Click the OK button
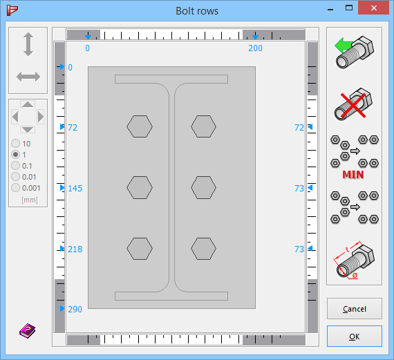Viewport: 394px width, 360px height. (x=354, y=337)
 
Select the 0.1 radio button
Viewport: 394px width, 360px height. (x=15, y=166)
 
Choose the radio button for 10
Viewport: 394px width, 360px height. (x=15, y=144)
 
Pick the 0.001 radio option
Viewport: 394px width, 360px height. (x=15, y=188)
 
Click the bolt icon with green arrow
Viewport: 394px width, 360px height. (x=354, y=53)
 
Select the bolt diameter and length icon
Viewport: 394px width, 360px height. (x=354, y=260)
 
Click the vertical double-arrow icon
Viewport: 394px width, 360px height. (x=28, y=44)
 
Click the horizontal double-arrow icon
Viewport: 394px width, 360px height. (x=28, y=77)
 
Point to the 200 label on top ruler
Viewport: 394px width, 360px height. (x=255, y=48)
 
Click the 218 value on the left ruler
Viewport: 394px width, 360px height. (x=75, y=249)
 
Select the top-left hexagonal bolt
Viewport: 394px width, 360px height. (x=140, y=126)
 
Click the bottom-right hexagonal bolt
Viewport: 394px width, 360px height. (x=204, y=248)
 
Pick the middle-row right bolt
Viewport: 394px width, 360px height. (x=204, y=187)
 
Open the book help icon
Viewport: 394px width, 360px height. (x=27, y=331)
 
